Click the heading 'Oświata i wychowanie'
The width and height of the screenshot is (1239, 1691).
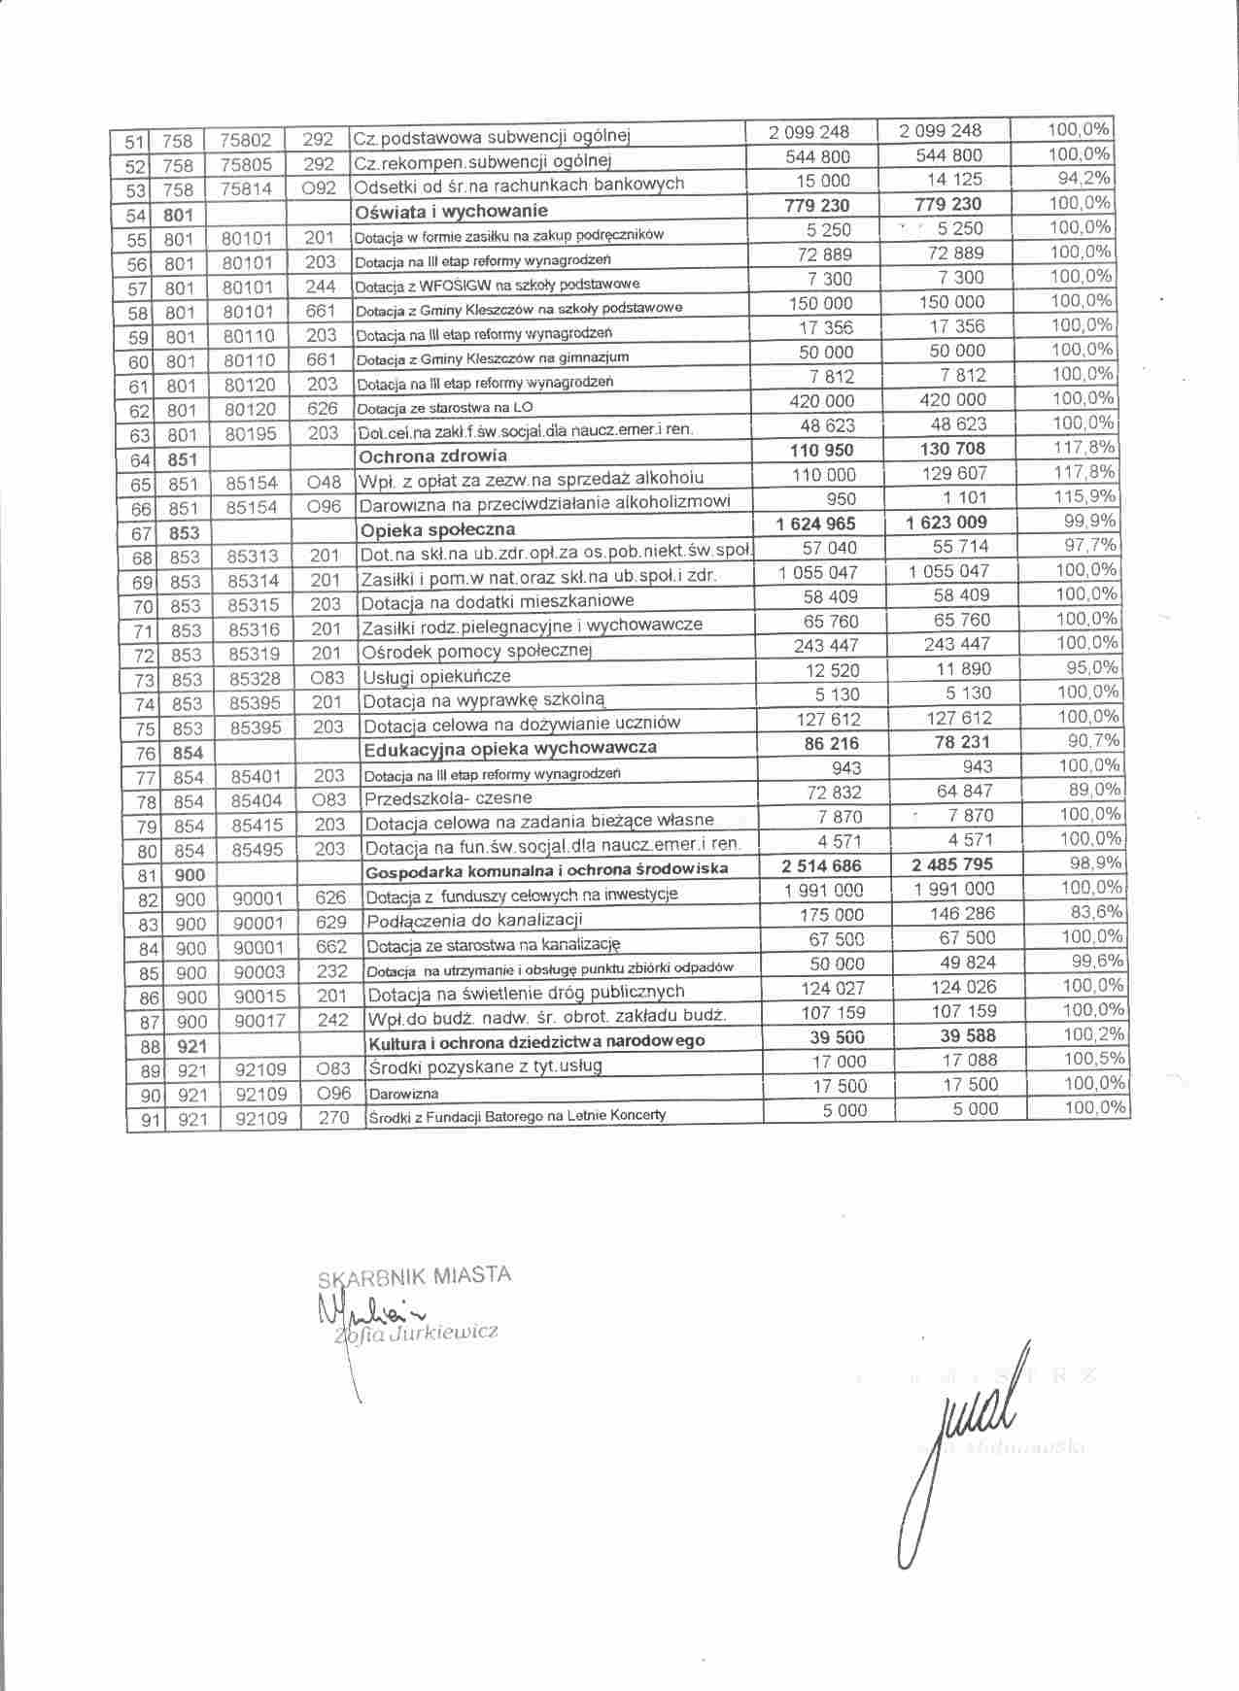(x=453, y=211)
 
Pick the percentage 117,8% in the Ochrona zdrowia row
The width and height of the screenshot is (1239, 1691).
(x=1084, y=448)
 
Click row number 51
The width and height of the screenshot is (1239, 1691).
(x=135, y=142)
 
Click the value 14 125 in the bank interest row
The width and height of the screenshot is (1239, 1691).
(x=954, y=179)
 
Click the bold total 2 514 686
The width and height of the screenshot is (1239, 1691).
(x=822, y=865)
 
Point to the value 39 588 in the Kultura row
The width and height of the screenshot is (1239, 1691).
(x=956, y=1036)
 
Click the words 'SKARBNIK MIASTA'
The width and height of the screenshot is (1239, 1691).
(x=415, y=1277)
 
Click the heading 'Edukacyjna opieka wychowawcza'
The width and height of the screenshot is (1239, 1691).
(x=509, y=748)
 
